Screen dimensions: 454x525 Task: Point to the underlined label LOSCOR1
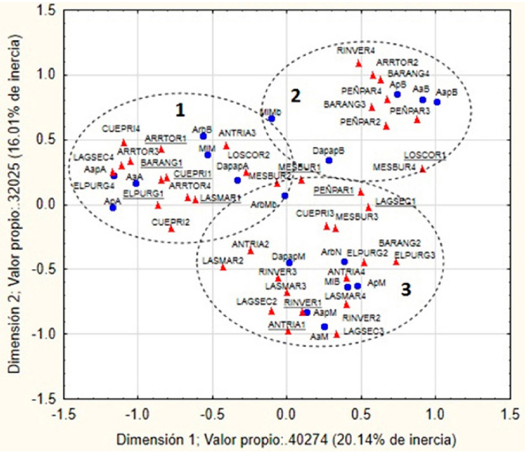[425, 155]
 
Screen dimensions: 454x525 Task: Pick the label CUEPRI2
[171, 222]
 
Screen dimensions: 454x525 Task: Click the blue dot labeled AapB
[453, 102]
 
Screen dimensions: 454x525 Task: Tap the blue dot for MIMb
[271, 118]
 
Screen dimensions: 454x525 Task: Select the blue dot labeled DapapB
[329, 160]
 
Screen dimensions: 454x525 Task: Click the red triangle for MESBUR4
[422, 169]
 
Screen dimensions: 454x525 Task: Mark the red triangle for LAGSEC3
[336, 334]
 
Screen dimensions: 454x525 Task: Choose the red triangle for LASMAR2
[223, 267]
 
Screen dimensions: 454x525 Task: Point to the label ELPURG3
[415, 255]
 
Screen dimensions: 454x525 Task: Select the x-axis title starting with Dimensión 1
[286, 438]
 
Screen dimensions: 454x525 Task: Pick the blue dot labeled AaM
[324, 326]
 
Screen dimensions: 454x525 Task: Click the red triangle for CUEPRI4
[124, 142]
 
